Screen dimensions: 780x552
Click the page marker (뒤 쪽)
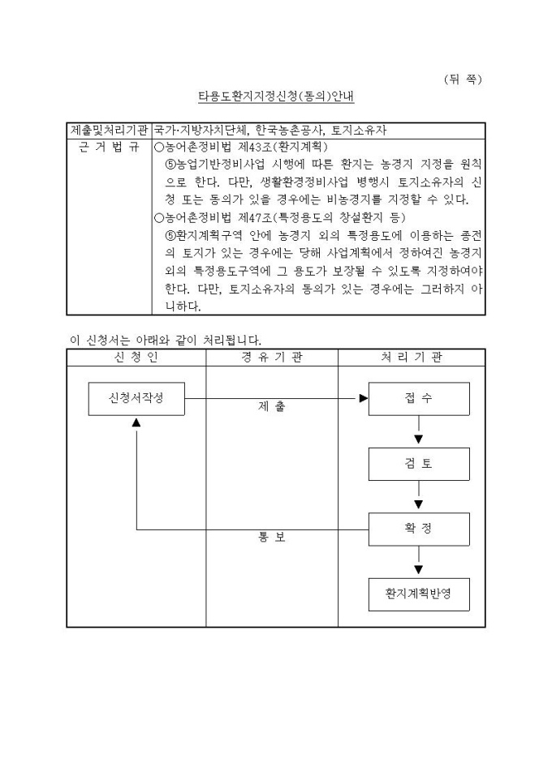464,79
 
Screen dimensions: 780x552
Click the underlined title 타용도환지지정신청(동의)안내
276,96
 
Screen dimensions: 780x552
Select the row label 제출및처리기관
108,130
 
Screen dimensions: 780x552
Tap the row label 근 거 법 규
108,148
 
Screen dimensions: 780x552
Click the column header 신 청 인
136,358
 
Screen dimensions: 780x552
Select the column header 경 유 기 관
272,358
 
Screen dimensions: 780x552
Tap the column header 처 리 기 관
412,358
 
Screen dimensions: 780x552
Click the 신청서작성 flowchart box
137,398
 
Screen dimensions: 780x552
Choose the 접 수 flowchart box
419,398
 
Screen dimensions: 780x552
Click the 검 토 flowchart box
419,464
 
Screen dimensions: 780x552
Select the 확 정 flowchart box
419,529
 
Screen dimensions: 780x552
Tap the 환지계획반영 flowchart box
419,594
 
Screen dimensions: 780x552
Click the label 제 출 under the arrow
272,408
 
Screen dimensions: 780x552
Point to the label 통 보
272,538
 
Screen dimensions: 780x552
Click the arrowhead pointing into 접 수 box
363,398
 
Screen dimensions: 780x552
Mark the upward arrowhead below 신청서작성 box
137,423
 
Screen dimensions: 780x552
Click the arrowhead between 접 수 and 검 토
419,439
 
